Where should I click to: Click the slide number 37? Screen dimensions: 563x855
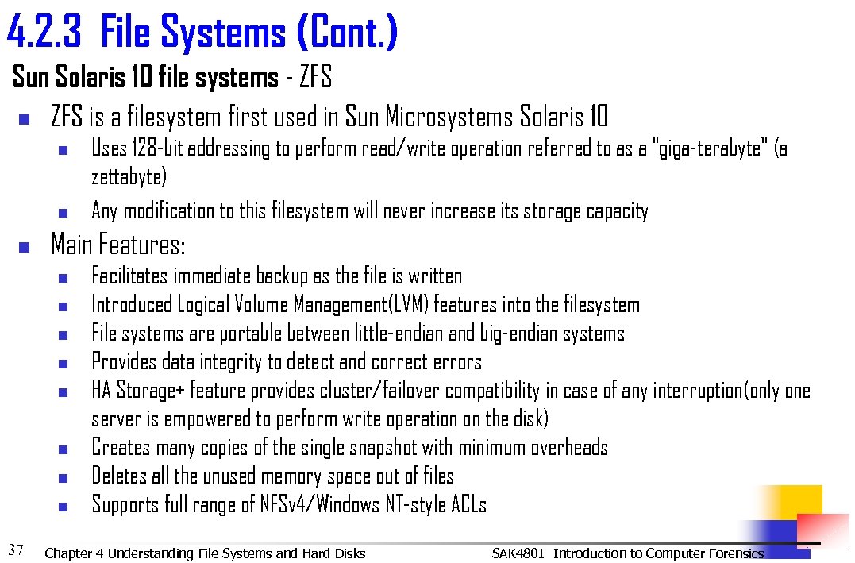(16, 549)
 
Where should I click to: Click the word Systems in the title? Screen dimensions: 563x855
(223, 33)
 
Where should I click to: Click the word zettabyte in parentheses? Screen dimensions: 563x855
(129, 178)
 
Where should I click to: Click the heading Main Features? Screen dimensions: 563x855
(117, 245)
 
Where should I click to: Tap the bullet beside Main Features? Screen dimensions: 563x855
(24, 247)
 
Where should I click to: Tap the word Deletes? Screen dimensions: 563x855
(119, 476)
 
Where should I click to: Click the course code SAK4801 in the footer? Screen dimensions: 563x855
(518, 553)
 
